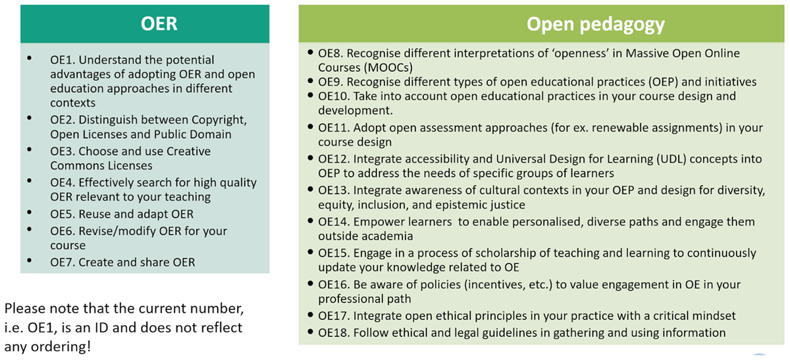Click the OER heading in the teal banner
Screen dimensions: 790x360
(x=159, y=24)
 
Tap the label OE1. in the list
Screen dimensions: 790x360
(x=63, y=60)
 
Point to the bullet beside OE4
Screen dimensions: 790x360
(x=29, y=181)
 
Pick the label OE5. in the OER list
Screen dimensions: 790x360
(x=63, y=214)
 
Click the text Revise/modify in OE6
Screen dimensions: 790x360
(x=117, y=231)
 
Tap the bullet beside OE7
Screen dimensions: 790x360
(x=29, y=261)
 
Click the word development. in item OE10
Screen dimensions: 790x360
(x=355, y=111)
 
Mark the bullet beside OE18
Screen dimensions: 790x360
(x=310, y=332)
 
